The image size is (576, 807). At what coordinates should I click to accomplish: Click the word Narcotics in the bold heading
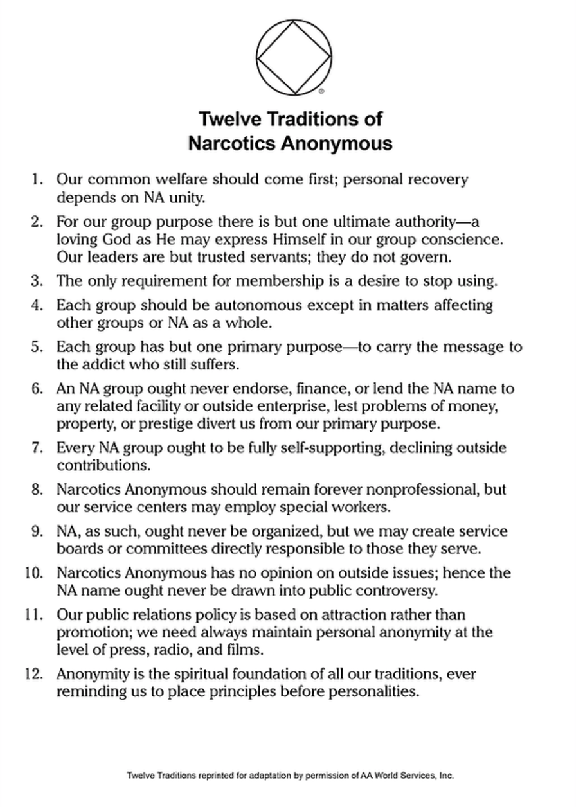[x=231, y=143]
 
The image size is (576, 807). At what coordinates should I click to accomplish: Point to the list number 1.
[x=39, y=179]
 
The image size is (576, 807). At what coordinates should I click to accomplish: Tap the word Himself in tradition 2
[x=270, y=239]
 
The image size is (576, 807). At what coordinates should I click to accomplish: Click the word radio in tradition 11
[x=154, y=650]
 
